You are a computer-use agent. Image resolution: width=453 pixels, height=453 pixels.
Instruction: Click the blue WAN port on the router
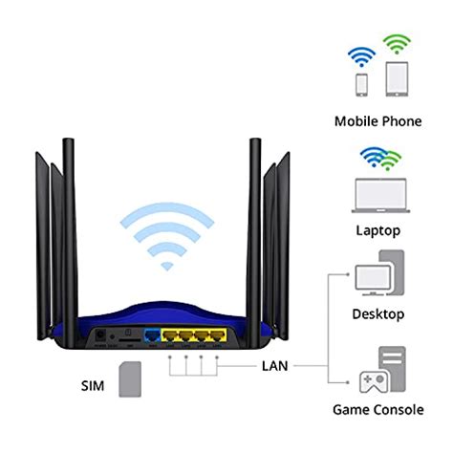click(x=151, y=336)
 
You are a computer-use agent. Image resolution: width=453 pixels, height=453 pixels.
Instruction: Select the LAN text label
click(x=274, y=366)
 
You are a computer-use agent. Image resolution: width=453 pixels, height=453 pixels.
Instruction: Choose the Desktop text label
click(x=379, y=313)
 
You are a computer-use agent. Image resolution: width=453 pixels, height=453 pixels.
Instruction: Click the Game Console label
click(x=379, y=410)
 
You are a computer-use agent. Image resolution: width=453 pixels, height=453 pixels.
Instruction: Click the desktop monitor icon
click(x=373, y=278)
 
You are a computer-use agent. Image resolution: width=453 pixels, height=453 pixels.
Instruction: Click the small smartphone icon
click(x=362, y=85)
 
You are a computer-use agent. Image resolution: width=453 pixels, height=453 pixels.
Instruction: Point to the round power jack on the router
click(x=99, y=336)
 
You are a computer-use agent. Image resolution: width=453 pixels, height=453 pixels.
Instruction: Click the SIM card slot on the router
click(x=124, y=337)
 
